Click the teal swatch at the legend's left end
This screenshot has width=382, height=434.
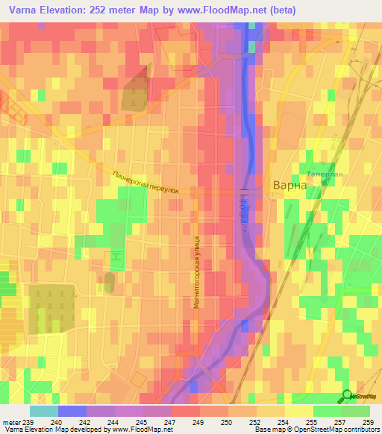(44, 411)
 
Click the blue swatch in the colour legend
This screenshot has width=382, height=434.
(72, 411)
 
